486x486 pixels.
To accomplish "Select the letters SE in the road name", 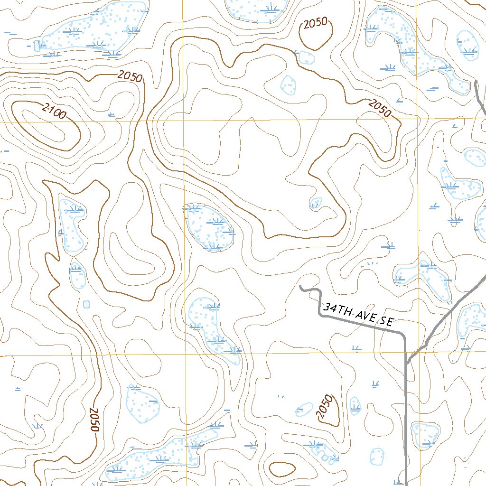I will click(x=385, y=321).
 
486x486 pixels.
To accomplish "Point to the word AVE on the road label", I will click(x=362, y=316).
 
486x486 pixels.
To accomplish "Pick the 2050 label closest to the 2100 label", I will click(x=130, y=76).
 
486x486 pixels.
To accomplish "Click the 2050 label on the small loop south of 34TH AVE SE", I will click(x=325, y=407).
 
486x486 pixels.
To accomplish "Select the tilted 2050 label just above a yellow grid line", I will click(x=380, y=108).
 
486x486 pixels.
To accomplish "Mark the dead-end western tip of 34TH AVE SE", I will click(x=301, y=287).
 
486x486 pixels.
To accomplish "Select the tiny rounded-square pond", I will click(x=86, y=304).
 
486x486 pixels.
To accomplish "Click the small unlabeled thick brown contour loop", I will click(x=282, y=469).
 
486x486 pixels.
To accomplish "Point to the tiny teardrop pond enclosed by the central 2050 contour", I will click(x=315, y=203).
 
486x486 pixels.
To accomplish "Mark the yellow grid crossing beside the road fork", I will click(x=417, y=353).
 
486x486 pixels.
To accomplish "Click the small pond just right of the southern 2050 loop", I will click(x=355, y=405).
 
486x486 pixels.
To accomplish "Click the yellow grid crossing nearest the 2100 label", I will click(x=184, y=121).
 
